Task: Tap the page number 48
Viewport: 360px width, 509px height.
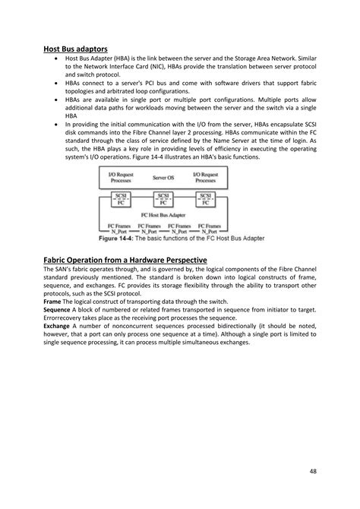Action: (x=313, y=471)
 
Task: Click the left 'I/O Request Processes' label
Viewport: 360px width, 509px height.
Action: (x=120, y=176)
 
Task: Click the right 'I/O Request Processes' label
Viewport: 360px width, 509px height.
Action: (x=207, y=176)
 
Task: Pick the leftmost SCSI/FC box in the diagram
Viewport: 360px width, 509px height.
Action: (x=120, y=200)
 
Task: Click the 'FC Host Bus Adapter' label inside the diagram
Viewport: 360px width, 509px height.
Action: (x=163, y=216)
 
